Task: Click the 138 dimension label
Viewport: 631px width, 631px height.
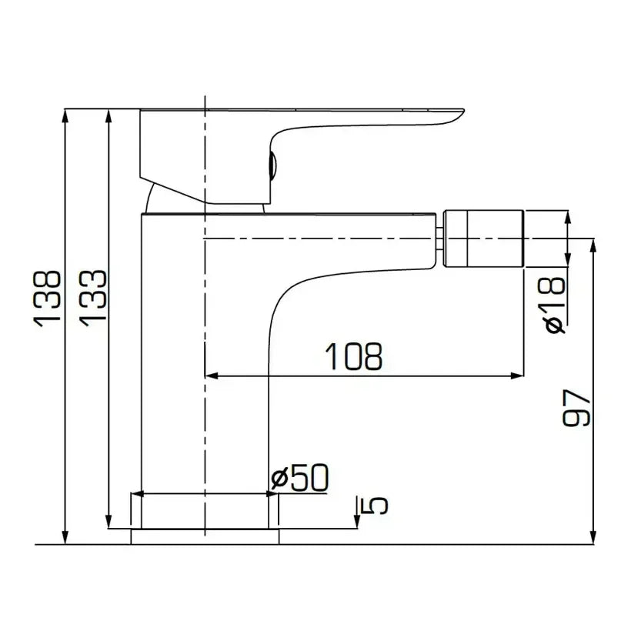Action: coord(48,298)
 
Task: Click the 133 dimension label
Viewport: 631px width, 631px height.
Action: coord(92,298)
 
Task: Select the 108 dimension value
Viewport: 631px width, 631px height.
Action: coord(353,356)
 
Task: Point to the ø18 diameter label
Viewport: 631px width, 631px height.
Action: coord(555,305)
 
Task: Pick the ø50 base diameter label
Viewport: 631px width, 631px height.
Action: coord(301,479)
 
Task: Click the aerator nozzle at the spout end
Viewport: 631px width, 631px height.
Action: coord(486,235)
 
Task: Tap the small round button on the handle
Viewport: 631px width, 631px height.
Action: coord(271,164)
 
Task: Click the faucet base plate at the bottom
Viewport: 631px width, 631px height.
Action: coord(204,536)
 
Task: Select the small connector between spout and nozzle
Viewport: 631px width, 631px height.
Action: coord(440,235)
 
